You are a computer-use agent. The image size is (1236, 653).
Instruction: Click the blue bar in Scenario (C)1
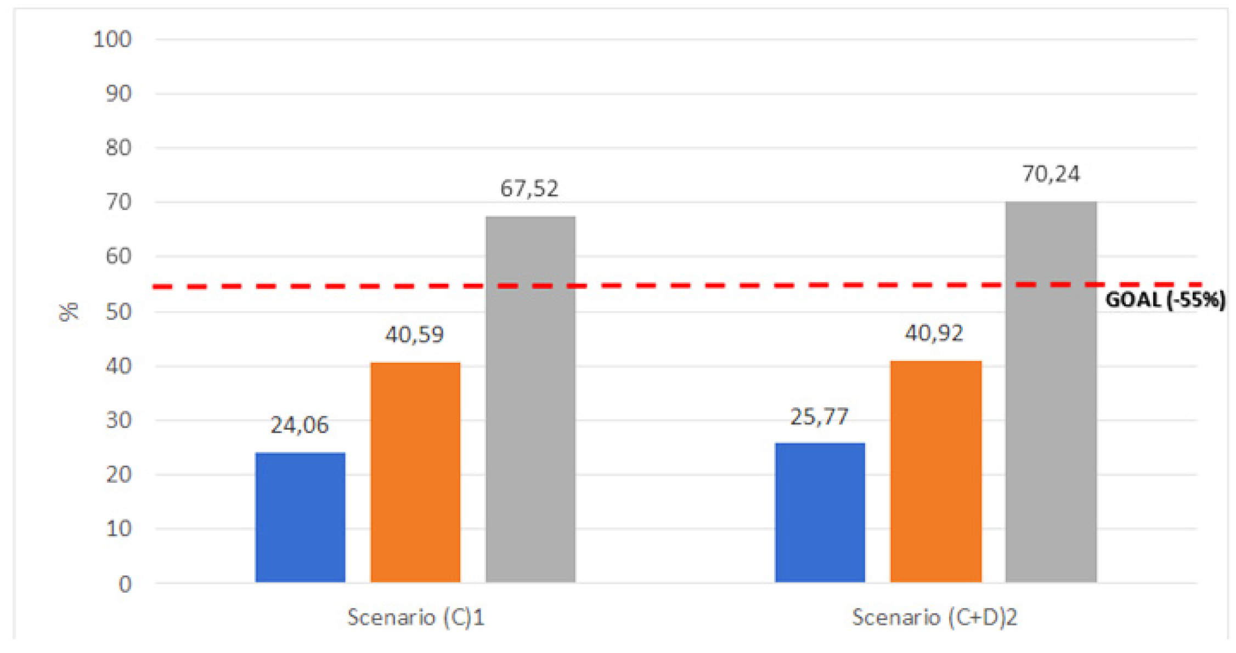[x=300, y=517]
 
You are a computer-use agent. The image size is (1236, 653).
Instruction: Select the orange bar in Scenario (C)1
[x=415, y=472]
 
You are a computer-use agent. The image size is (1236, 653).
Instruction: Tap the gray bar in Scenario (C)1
[x=530, y=399]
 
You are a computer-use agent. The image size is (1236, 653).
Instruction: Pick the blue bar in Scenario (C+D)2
[x=820, y=512]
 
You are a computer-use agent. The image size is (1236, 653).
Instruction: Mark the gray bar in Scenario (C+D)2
[x=1051, y=392]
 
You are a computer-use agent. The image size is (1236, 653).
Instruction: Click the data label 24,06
[x=300, y=425]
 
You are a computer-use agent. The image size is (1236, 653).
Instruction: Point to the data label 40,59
[x=414, y=335]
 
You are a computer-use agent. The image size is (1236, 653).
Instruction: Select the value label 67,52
[x=529, y=189]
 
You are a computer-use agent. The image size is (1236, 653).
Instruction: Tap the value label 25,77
[x=819, y=417]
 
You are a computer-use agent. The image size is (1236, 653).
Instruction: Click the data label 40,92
[x=934, y=333]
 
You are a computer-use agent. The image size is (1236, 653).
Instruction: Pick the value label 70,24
[x=1051, y=174]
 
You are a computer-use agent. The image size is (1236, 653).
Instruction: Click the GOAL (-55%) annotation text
[x=1165, y=300]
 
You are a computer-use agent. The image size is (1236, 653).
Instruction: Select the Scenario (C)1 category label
[x=416, y=617]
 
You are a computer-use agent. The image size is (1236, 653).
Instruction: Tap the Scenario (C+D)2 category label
[x=934, y=617]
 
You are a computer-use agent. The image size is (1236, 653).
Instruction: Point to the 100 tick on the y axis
[x=112, y=40]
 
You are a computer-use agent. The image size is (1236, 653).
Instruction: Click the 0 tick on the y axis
[x=125, y=584]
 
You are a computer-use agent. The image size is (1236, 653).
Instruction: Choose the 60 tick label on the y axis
[x=118, y=256]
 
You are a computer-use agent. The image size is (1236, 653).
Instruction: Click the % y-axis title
[x=69, y=312]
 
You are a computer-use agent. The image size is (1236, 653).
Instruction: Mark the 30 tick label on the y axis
[x=118, y=420]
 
